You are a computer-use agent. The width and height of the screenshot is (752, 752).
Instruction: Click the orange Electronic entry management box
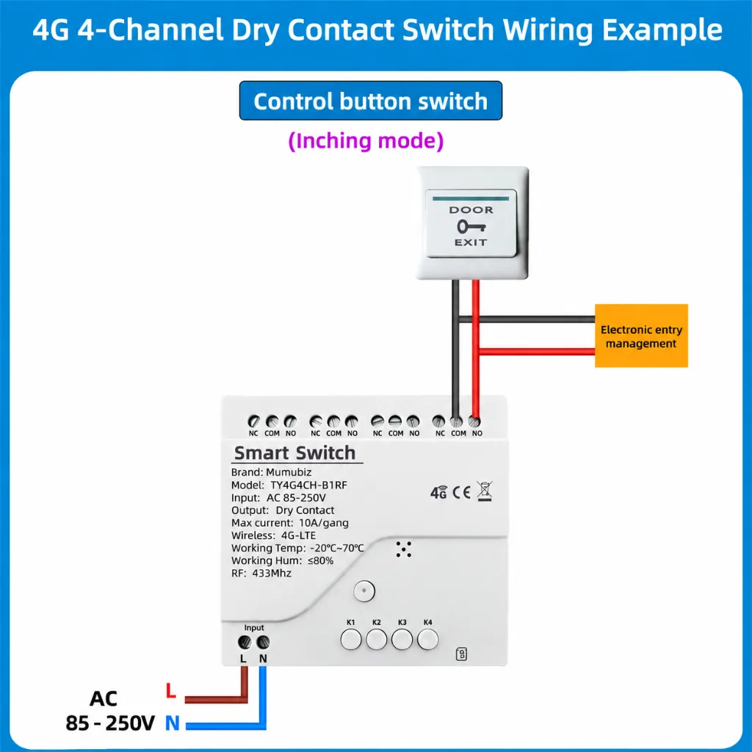point(641,336)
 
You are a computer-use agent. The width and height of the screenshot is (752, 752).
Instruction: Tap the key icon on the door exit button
point(471,226)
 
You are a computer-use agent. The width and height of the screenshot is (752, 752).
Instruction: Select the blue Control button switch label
point(371,101)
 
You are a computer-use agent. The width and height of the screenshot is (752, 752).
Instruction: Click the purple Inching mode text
point(366,141)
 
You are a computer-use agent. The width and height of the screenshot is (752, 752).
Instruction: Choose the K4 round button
point(428,640)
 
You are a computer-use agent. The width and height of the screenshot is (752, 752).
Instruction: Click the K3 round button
point(402,640)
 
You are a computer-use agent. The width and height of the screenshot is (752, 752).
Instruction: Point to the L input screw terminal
point(245,642)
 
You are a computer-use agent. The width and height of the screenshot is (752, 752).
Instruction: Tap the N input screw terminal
point(263,642)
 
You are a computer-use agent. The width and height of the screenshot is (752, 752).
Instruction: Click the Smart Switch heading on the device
point(294,452)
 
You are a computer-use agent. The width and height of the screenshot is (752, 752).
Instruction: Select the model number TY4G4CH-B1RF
point(309,485)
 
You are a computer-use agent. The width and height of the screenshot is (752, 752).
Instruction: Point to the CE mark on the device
point(461,493)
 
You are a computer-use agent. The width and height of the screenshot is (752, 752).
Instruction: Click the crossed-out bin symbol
point(485,491)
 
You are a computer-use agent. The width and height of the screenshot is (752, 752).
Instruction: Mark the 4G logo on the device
point(438,493)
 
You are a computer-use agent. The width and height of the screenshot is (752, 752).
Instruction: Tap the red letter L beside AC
point(170,690)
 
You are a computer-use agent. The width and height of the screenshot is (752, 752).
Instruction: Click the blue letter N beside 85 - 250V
point(172,723)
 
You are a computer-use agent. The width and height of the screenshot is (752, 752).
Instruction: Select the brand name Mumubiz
point(289,472)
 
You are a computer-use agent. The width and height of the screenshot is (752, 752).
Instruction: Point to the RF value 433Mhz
point(272,573)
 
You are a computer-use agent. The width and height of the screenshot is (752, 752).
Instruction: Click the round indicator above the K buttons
point(364,591)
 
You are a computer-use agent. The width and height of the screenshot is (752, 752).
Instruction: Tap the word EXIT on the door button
point(471,242)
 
